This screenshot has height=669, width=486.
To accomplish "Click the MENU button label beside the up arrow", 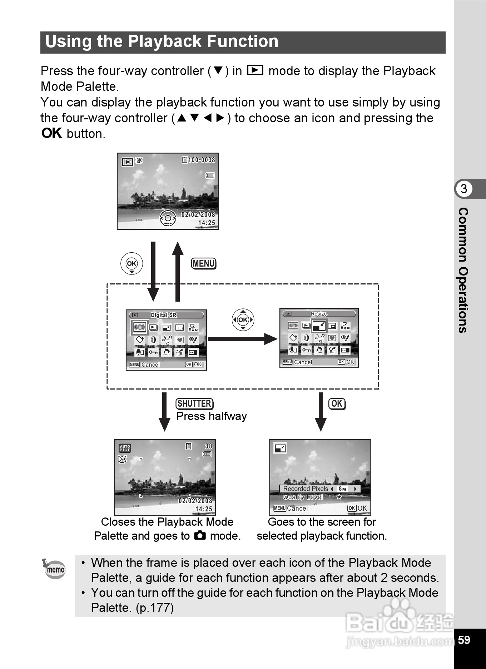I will point(204,263).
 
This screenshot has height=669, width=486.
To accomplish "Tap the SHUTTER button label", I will point(194,403).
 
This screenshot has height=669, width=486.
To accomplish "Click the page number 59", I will point(464,639).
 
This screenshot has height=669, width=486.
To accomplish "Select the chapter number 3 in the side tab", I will point(463,189).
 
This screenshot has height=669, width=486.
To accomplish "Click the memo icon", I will point(54,569).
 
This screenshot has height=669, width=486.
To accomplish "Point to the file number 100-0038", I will point(202,160).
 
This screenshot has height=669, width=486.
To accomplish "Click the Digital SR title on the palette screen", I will point(164,315).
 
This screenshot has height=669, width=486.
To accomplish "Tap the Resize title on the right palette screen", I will point(319,314).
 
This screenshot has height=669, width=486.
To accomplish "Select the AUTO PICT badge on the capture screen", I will point(125,448).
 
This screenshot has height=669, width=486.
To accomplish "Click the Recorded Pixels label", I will point(306,489).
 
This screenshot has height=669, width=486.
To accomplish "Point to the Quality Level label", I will point(303,497).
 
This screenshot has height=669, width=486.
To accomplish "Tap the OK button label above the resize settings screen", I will point(337,403).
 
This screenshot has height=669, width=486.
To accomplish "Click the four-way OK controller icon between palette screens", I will point(243,319).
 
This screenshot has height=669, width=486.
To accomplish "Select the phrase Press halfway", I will point(212,416).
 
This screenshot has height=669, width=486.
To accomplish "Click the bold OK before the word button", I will point(52,133).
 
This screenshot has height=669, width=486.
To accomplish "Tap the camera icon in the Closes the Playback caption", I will point(200,535).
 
